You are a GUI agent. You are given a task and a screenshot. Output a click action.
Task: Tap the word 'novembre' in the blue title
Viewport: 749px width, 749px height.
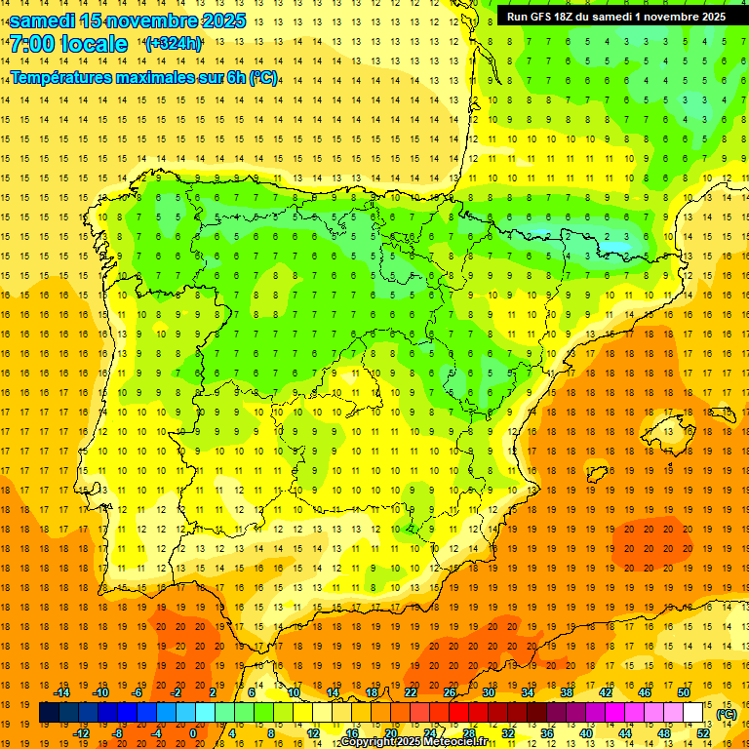[149, 20]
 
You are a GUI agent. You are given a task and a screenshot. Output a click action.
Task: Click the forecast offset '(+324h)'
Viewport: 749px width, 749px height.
[173, 44]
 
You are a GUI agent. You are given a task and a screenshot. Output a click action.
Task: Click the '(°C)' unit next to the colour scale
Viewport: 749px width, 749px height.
[726, 714]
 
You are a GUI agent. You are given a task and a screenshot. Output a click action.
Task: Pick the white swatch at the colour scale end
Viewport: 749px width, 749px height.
[692, 713]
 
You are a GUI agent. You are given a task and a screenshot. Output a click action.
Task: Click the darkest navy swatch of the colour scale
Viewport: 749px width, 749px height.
[49, 713]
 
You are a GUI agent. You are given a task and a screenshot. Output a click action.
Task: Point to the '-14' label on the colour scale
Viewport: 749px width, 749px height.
[61, 692]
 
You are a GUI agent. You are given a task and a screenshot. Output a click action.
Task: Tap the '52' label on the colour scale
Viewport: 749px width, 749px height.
[703, 733]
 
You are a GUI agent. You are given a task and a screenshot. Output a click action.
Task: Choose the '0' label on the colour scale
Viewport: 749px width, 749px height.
[193, 733]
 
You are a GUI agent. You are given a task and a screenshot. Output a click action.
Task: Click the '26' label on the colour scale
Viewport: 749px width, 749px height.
[450, 692]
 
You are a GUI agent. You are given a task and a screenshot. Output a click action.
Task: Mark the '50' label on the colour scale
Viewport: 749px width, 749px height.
[684, 692]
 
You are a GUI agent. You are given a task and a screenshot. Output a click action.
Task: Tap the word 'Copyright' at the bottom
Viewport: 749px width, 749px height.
[368, 742]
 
